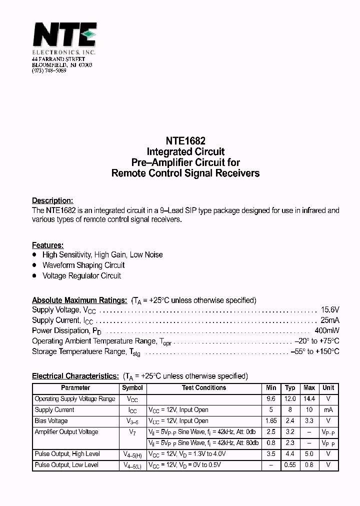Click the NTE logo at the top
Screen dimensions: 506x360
(64, 36)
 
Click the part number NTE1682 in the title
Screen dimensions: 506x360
(185, 141)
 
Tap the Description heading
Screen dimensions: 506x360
(52, 200)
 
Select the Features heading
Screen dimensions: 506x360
(47, 245)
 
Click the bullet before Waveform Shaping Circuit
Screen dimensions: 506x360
(34, 265)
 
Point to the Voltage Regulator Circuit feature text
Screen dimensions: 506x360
(81, 275)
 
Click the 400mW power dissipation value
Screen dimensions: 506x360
(327, 330)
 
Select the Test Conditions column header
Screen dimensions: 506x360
(204, 387)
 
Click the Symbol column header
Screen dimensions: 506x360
(132, 387)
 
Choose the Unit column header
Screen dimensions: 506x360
(328, 387)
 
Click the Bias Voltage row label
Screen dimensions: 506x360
(51, 421)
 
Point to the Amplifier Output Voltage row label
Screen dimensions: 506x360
(66, 432)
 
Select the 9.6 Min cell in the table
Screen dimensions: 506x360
(271, 399)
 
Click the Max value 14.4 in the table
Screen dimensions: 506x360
(309, 399)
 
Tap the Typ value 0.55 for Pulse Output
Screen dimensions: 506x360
(290, 465)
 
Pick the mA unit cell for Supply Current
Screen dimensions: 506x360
(328, 410)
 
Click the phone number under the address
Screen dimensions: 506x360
(49, 71)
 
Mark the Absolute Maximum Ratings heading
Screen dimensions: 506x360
(79, 300)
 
